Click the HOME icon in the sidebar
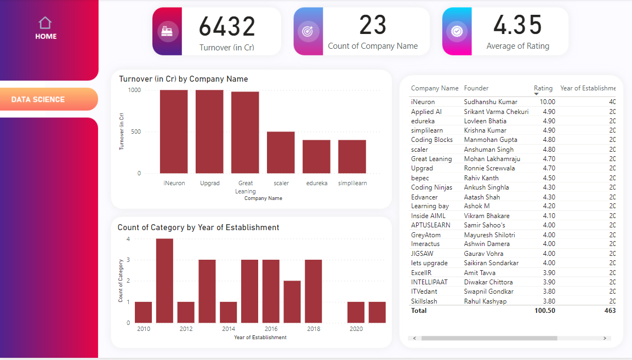[x=45, y=23]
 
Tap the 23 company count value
[x=373, y=25]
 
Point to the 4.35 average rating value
[x=517, y=25]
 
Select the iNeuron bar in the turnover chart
[x=174, y=132]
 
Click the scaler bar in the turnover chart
[x=281, y=152]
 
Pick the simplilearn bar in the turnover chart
[x=352, y=157]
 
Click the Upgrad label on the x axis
[x=209, y=183]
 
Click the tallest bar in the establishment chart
[x=164, y=281]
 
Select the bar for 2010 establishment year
[x=143, y=312]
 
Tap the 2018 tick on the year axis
[x=313, y=329]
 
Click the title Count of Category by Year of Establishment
[x=198, y=227]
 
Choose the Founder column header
[x=476, y=88]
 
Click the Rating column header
[x=543, y=88]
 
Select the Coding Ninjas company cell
[x=431, y=187]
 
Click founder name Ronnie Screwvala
[x=489, y=168]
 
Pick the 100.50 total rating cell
[x=544, y=311]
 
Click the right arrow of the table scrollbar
[x=605, y=339]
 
